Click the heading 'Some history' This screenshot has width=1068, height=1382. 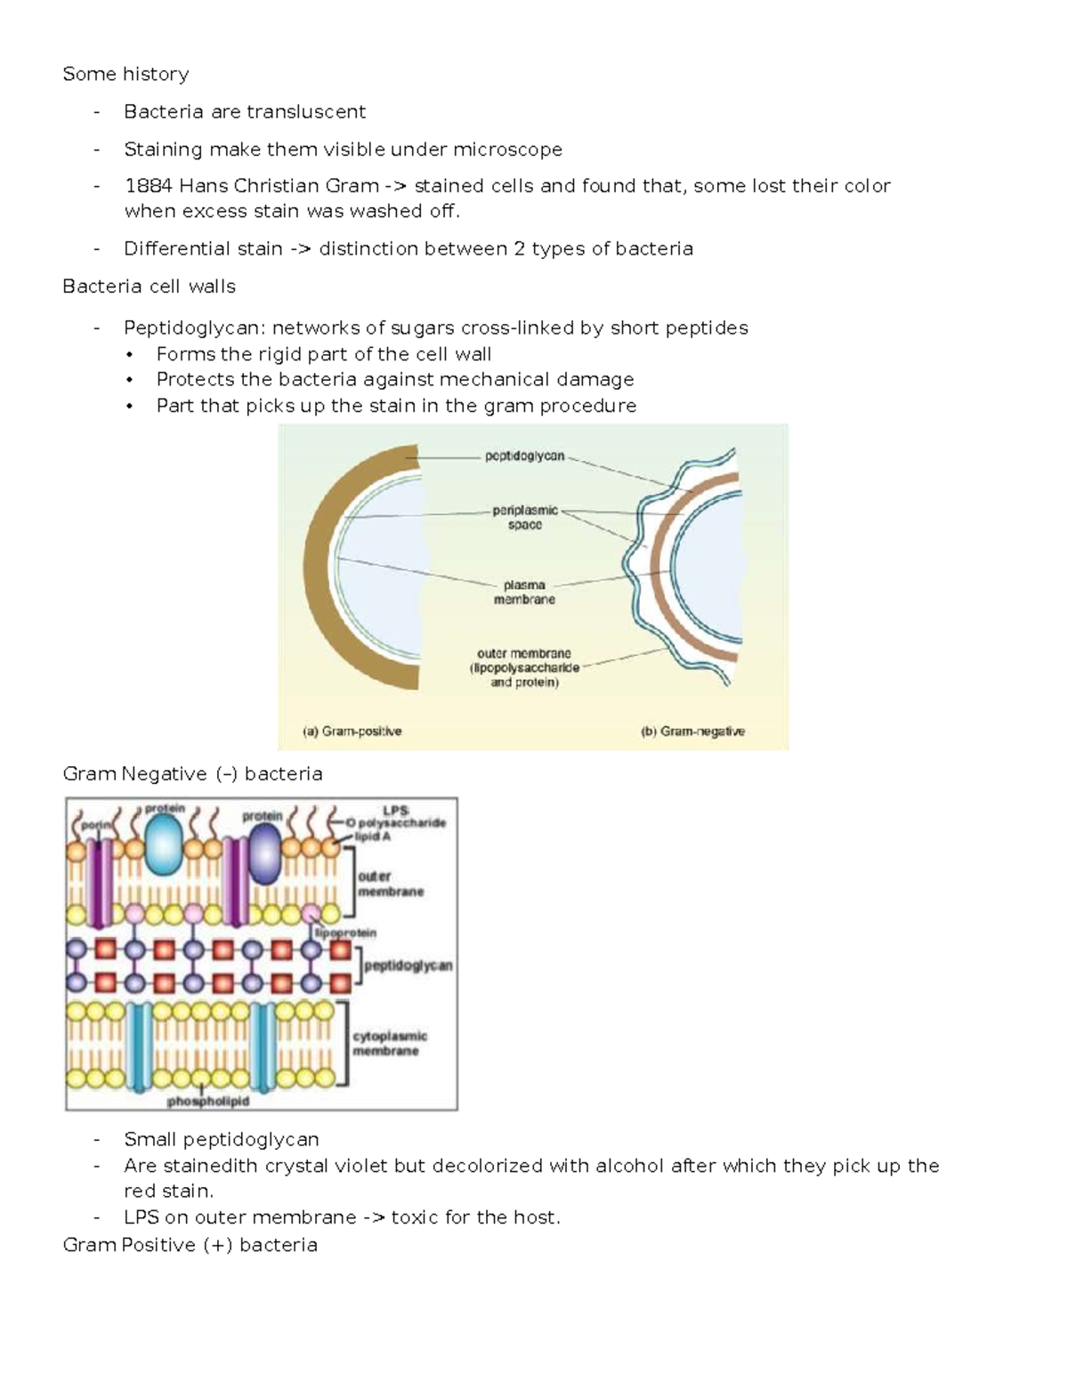[x=125, y=74]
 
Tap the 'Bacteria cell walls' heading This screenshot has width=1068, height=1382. [x=149, y=287]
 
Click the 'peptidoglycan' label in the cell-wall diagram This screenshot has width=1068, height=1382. [x=524, y=457]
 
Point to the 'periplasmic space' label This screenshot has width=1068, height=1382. [x=525, y=518]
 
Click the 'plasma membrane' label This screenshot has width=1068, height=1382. [x=524, y=593]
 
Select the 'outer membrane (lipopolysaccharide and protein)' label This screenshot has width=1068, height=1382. [x=524, y=668]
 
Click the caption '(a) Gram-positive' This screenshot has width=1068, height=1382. [x=352, y=731]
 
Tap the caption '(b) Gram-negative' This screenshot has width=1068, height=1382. [x=692, y=731]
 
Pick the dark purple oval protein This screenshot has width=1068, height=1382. [x=263, y=853]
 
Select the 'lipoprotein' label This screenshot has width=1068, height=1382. [x=345, y=933]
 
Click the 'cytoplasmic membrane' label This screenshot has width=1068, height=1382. [x=390, y=1043]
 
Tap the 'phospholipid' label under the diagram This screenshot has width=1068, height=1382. [x=208, y=1102]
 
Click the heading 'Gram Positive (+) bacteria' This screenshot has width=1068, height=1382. [x=190, y=1245]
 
